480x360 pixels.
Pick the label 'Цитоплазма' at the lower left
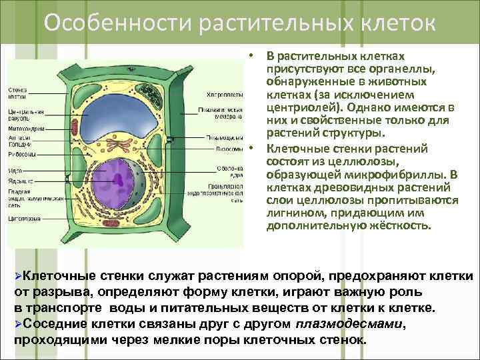tap(26, 218)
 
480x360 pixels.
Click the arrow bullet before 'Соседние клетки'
tap(19, 324)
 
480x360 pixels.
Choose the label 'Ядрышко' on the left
tap(21, 180)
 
